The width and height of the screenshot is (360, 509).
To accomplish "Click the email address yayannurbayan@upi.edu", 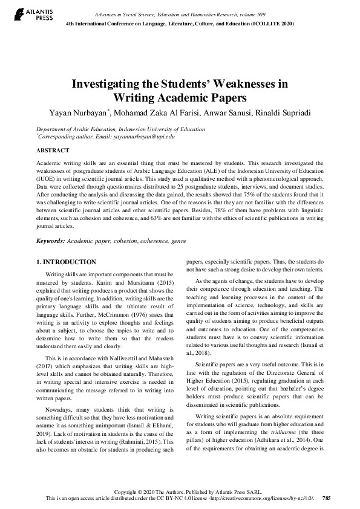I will [x=145, y=137].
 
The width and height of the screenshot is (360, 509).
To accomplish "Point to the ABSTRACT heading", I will [x=53, y=150].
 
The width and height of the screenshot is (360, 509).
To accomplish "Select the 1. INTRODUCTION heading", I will [x=66, y=262].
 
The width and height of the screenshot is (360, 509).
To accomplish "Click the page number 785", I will [x=326, y=499].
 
